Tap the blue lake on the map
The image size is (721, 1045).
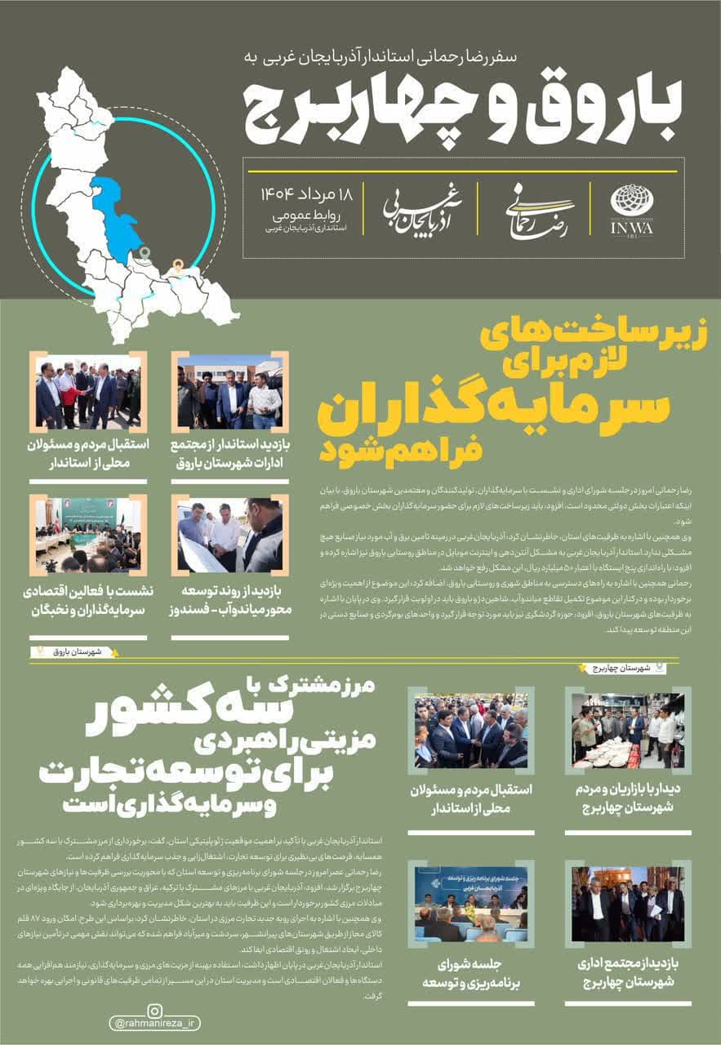pos(118,216)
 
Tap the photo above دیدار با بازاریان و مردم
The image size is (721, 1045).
pos(628,731)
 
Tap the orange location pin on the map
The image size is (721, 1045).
pos(176,265)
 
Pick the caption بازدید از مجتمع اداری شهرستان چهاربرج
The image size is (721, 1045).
pos(629,972)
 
